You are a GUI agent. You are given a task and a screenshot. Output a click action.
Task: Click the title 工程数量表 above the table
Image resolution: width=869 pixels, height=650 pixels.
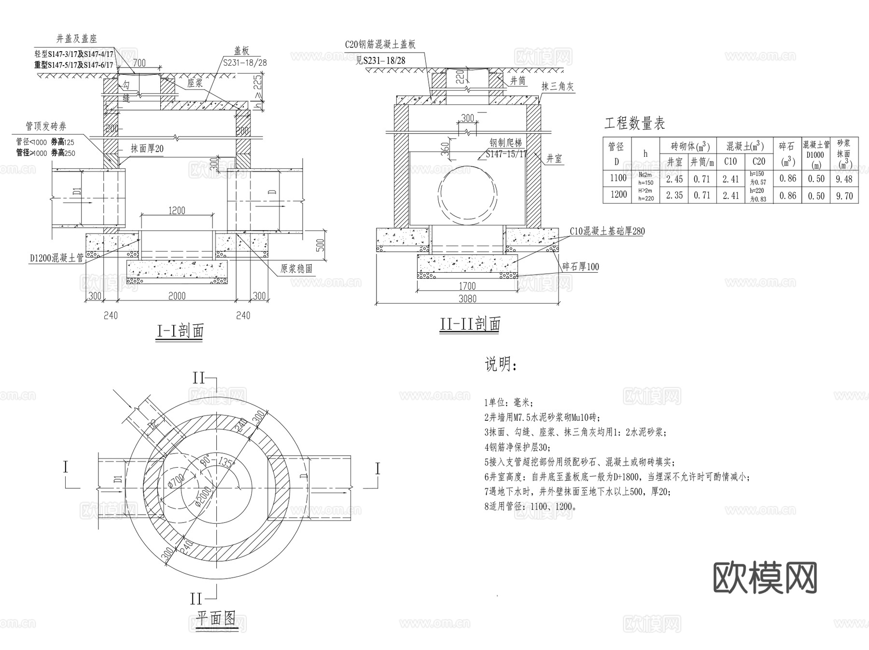pyautogui.click(x=634, y=124)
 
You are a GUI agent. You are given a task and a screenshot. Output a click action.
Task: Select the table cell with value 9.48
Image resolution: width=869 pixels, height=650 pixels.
pyautogui.click(x=844, y=179)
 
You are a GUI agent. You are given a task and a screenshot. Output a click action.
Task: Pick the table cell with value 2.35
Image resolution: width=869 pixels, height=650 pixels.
pyautogui.click(x=674, y=195)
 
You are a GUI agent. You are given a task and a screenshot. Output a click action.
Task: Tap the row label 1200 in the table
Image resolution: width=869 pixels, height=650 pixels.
pyautogui.click(x=618, y=194)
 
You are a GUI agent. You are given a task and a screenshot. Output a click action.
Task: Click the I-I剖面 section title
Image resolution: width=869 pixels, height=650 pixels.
pyautogui.click(x=180, y=331)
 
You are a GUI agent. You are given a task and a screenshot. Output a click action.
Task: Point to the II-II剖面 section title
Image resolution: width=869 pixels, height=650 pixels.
pyautogui.click(x=470, y=324)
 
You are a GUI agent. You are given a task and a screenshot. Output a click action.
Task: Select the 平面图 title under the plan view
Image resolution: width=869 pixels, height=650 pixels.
pyautogui.click(x=216, y=618)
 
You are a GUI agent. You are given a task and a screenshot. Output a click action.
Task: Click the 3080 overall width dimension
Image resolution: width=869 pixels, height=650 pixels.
pyautogui.click(x=467, y=299)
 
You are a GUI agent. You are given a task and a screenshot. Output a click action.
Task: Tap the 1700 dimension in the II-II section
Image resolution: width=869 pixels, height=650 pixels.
pyautogui.click(x=467, y=286)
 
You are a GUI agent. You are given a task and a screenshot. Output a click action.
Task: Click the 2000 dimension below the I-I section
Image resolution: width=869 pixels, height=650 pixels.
pyautogui.click(x=177, y=296)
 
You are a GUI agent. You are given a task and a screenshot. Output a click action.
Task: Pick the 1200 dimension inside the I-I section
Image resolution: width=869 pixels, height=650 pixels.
pyautogui.click(x=177, y=210)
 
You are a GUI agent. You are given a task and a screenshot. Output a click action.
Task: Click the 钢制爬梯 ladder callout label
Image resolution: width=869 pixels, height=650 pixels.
pyautogui.click(x=505, y=143)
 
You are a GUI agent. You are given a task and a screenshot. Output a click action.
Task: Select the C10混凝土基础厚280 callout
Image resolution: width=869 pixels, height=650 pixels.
pyautogui.click(x=607, y=232)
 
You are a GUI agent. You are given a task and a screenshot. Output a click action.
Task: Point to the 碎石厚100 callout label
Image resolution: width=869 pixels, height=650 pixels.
pyautogui.click(x=580, y=267)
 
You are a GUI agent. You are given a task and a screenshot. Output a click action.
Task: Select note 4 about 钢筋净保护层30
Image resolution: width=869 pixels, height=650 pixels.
pyautogui.click(x=517, y=447)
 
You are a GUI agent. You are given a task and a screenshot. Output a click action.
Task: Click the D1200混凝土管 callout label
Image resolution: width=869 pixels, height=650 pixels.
pyautogui.click(x=56, y=259)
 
